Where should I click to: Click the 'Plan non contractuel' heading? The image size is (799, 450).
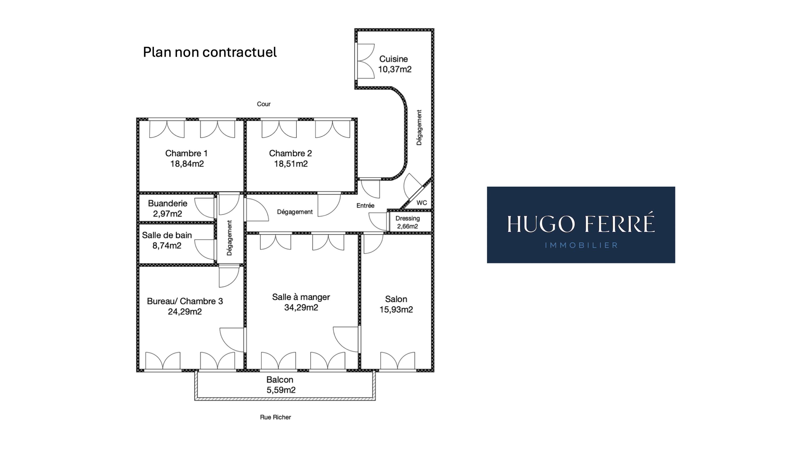(x=210, y=52)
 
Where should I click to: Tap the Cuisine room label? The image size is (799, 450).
(x=393, y=59)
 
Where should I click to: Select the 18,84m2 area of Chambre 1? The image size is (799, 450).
(x=187, y=164)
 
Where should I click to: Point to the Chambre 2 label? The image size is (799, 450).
(x=290, y=153)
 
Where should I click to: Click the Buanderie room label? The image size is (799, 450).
(x=168, y=203)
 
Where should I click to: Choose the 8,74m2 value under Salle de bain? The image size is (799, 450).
(x=167, y=246)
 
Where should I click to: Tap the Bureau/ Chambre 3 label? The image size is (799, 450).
(x=185, y=301)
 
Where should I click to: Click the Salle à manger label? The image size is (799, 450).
(x=301, y=297)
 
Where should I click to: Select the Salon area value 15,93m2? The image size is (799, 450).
(x=396, y=310)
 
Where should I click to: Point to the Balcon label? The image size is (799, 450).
(x=280, y=380)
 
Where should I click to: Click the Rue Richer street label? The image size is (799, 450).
(x=275, y=417)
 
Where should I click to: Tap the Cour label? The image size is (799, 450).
(x=264, y=104)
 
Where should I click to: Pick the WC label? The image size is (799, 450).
(x=422, y=203)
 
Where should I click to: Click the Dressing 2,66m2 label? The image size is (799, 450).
(x=407, y=222)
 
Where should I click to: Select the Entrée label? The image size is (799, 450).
(x=365, y=206)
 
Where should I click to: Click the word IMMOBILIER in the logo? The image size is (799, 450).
(x=581, y=245)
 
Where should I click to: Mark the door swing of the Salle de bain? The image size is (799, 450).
(x=205, y=249)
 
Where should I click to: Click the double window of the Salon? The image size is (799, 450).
(x=398, y=361)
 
